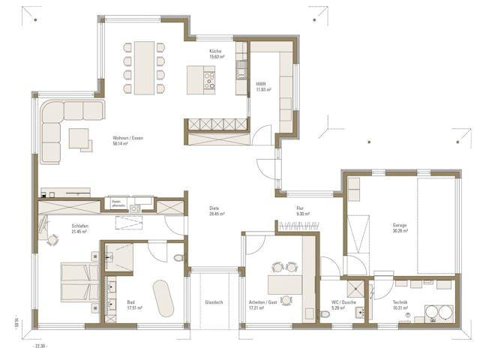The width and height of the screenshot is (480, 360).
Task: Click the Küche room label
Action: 215,51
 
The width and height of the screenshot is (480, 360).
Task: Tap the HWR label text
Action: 261,84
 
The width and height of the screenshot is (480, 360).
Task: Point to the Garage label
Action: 400,225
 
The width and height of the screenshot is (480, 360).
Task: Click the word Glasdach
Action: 214,303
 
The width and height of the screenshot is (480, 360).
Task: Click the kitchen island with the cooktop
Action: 202,76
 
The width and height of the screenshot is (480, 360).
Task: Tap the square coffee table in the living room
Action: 79,139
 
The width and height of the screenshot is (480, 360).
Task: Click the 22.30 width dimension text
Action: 40,346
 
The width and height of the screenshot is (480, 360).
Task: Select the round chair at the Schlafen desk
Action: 53,239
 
